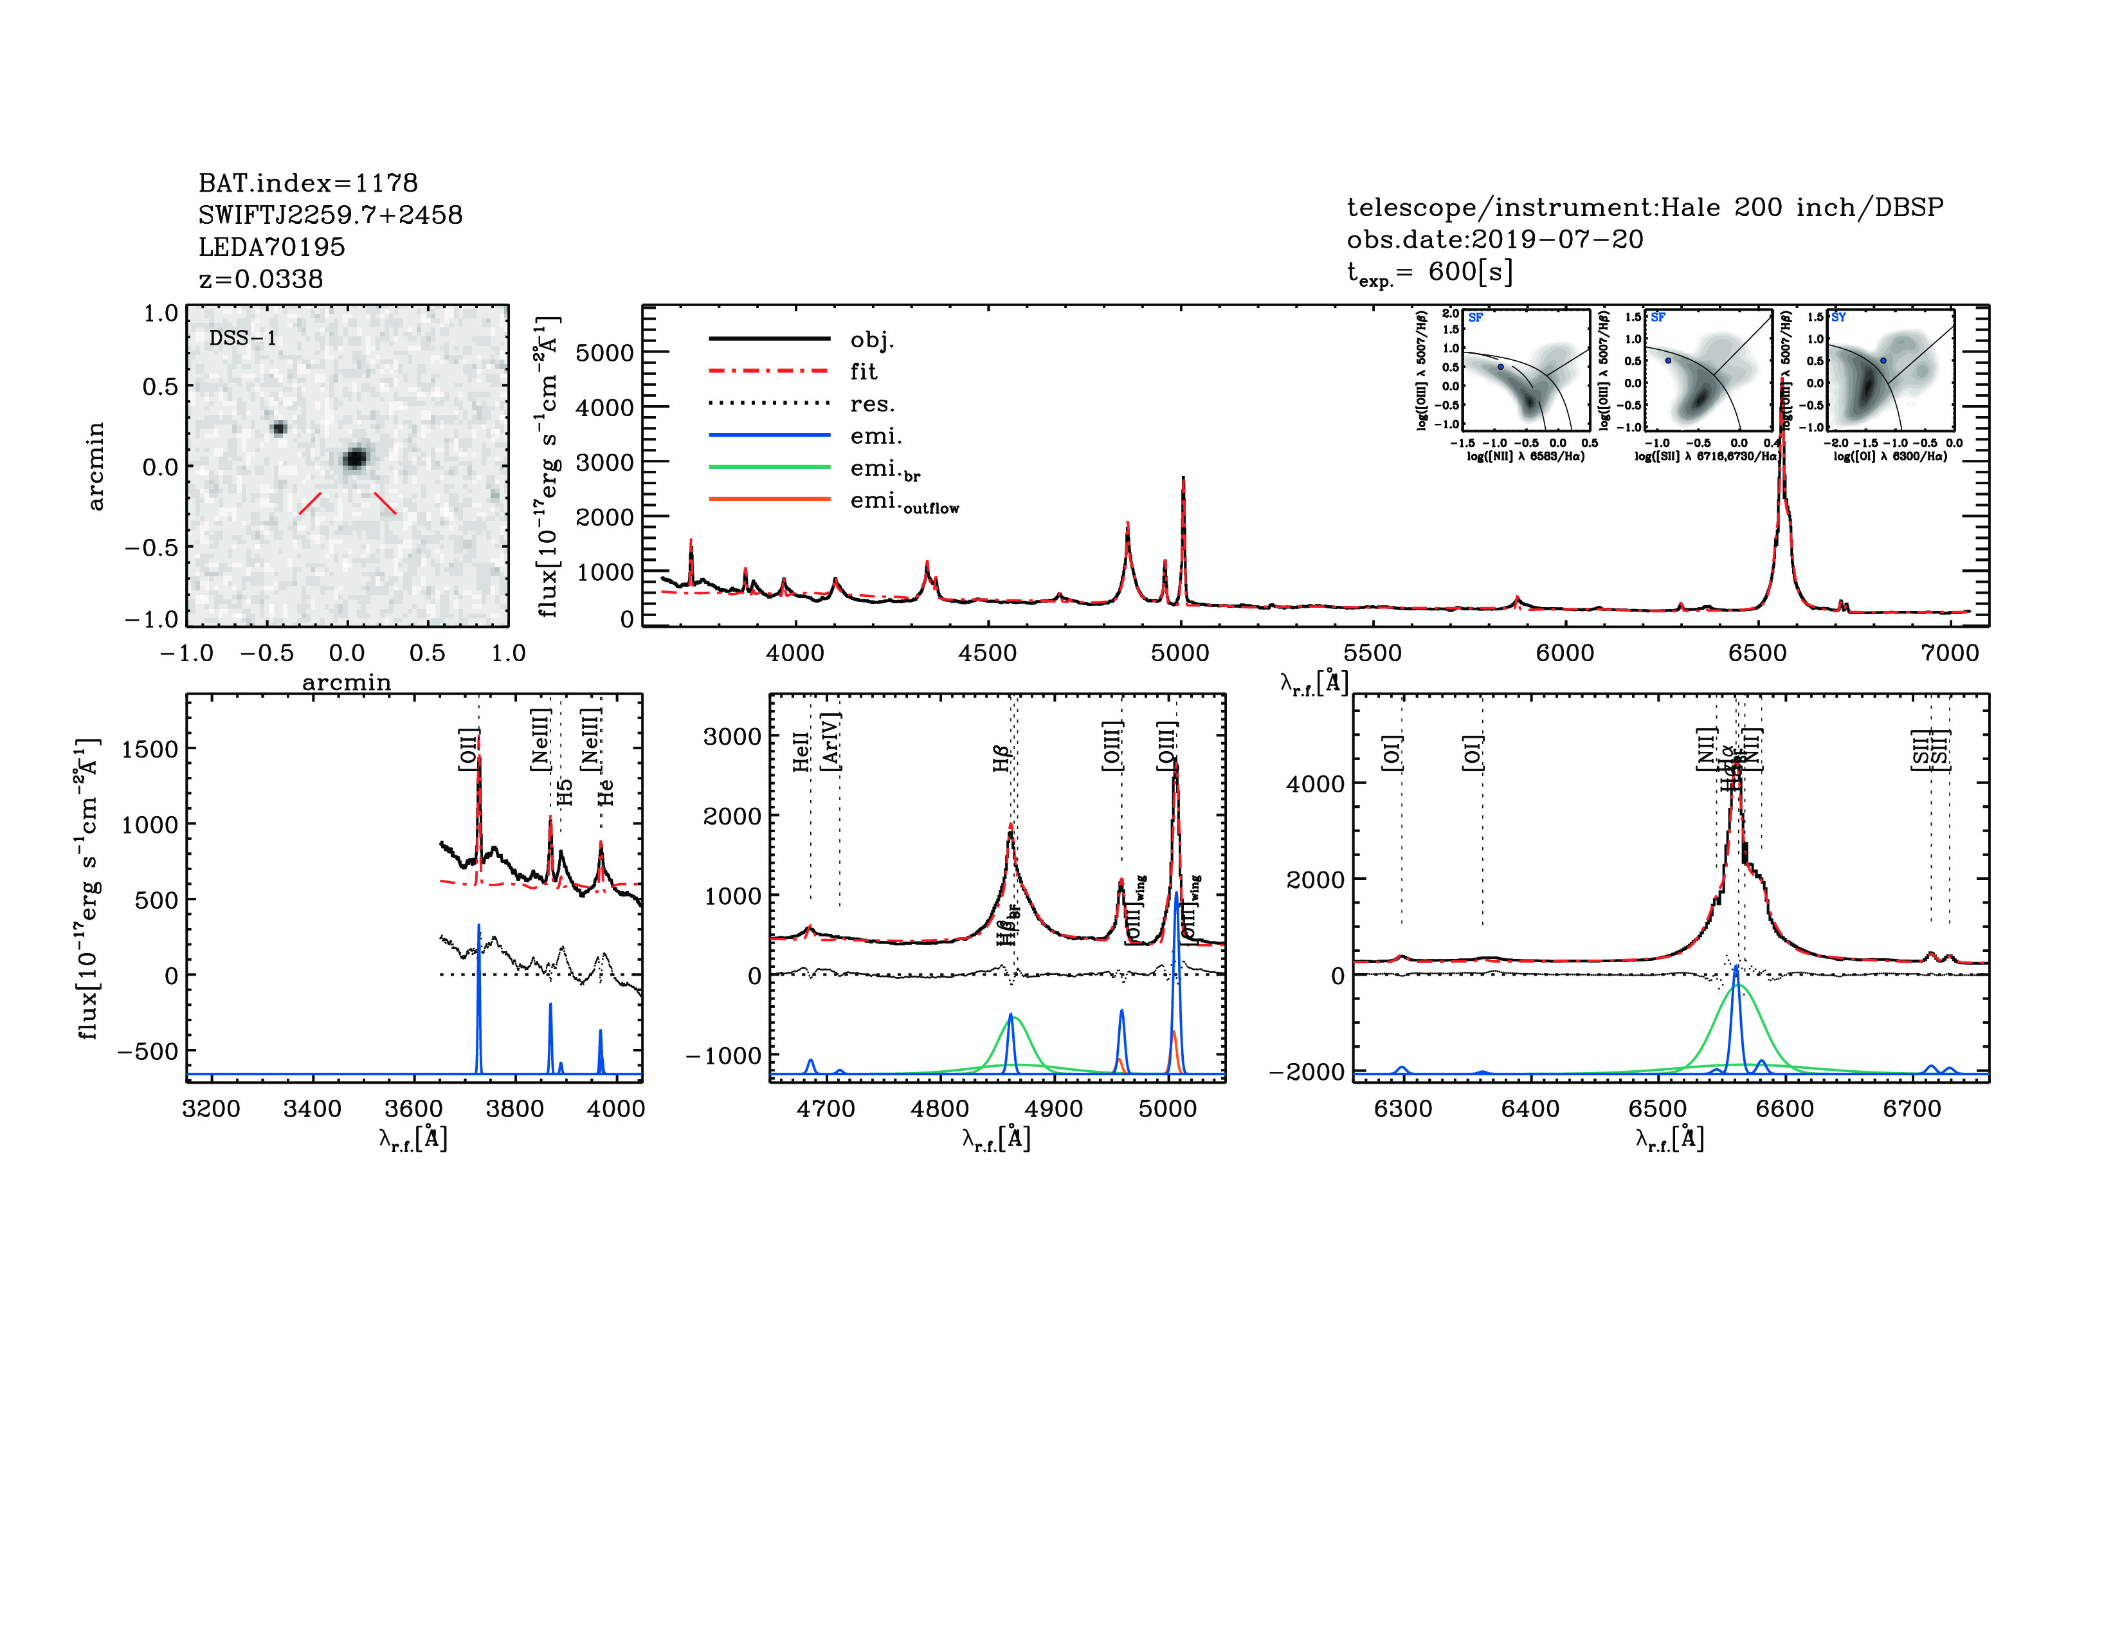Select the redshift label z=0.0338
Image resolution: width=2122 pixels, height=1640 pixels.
pos(260,279)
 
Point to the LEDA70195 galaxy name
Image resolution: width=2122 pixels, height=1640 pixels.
pos(271,247)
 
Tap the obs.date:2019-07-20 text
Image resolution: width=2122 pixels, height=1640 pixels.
pos(1494,239)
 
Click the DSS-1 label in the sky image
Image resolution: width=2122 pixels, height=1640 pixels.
pos(243,338)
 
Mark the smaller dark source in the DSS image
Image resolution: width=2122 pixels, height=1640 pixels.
pos(279,428)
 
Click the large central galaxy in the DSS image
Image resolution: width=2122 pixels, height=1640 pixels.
pos(356,458)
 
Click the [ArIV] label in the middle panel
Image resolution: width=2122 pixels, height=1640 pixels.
pos(831,742)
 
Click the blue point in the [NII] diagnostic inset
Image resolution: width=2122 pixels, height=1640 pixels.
pos(1500,367)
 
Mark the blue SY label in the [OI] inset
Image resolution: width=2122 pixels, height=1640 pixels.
pos(1838,318)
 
